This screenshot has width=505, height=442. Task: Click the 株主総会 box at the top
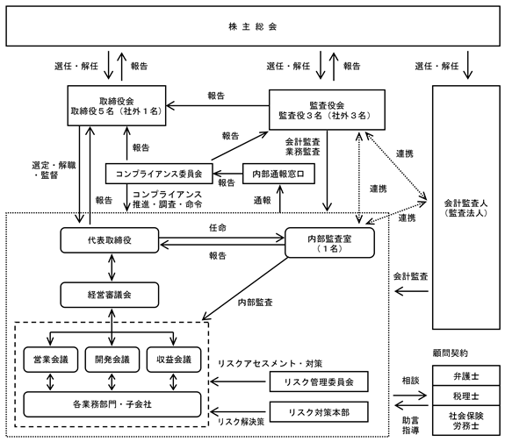coord(253,26)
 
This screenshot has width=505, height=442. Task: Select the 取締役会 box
coord(117,105)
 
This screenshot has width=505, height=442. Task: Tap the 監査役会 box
coord(327,110)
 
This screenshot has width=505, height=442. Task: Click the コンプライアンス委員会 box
coord(159,174)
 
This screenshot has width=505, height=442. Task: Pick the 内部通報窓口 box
coord(278,174)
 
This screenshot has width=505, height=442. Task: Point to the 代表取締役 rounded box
coord(110,240)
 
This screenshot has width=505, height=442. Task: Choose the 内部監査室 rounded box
coord(330,243)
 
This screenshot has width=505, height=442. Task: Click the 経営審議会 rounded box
coord(110,295)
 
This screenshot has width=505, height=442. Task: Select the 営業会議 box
coord(51,360)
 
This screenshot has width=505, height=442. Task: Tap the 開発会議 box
coord(112,360)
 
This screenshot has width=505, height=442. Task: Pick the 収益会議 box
coord(174,360)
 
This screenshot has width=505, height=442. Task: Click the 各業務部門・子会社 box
coord(112,404)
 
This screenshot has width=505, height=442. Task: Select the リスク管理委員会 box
coord(319,381)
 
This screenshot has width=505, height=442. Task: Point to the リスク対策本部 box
coord(319,412)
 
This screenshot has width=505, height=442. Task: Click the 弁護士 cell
coord(466,375)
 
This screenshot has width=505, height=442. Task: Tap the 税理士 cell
coord(466,396)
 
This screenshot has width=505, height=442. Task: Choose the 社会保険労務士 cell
coord(466,420)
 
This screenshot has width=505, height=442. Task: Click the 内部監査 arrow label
coord(255,303)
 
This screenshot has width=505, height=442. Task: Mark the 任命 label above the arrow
coord(218,228)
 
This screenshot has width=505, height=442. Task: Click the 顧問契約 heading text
coord(450,353)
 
